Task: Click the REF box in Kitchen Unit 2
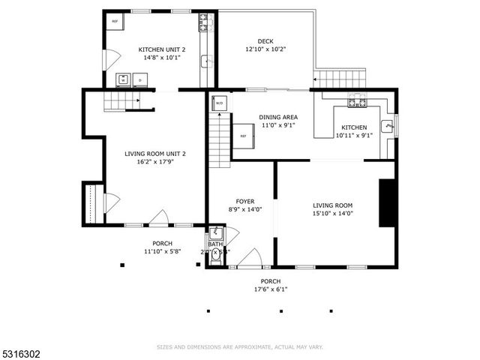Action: pos(115,21)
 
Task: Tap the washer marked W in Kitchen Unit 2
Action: pos(122,79)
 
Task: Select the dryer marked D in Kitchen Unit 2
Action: pos(139,79)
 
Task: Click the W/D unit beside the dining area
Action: pos(220,103)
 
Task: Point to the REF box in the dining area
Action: pos(243,136)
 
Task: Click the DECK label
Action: pos(265,41)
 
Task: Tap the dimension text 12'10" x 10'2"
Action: pos(265,49)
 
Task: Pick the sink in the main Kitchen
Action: pos(387,126)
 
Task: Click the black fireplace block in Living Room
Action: pos(387,202)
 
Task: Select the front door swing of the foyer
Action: pos(250,258)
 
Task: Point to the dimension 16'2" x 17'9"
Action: pos(154,162)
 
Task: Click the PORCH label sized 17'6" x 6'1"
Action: pos(271,281)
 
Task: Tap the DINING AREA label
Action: pos(278,116)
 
